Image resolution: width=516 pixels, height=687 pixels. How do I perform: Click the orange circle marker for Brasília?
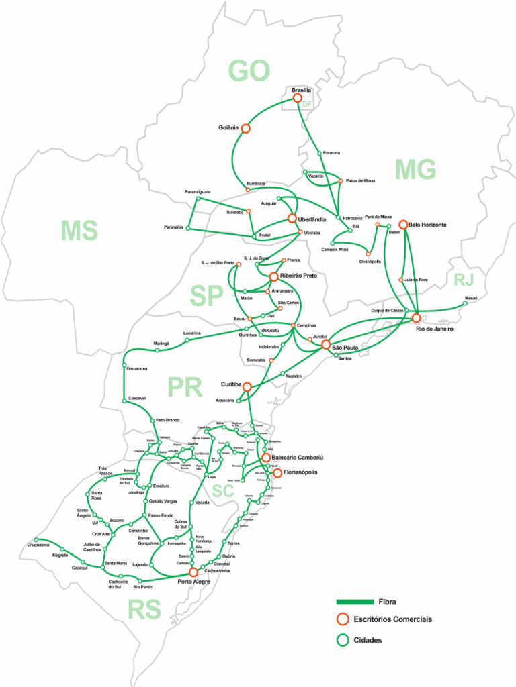point(298,98)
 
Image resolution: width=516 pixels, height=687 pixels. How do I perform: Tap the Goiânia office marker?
point(246,128)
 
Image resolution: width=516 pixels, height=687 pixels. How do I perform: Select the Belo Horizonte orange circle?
point(404,225)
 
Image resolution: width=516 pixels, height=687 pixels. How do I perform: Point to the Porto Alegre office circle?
point(193,572)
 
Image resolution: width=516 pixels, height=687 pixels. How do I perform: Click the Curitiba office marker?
point(247,387)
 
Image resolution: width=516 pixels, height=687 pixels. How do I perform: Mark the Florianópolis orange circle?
point(277,473)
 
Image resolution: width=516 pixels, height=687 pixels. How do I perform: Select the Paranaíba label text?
point(174,227)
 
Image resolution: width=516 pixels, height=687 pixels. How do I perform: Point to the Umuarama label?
point(137,368)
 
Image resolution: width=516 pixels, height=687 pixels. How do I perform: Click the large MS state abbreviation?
point(79,231)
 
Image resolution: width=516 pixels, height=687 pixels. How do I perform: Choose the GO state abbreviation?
point(249,70)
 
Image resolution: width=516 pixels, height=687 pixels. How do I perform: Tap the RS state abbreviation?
point(144,610)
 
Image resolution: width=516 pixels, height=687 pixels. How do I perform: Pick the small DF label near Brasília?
point(308,105)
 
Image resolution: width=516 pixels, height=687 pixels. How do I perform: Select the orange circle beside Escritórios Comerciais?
point(343,619)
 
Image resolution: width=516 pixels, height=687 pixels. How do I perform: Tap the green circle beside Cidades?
point(343,640)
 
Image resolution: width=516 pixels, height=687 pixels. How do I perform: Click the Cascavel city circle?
point(124,401)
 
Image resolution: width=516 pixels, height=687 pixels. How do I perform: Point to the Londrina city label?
point(191,333)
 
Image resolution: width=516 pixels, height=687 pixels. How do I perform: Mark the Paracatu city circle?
point(319,153)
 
